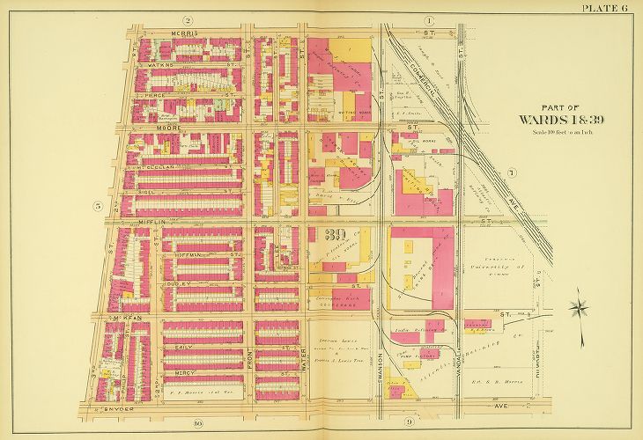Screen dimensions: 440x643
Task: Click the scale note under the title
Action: [558, 132]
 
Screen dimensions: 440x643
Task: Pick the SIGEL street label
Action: [185, 189]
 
